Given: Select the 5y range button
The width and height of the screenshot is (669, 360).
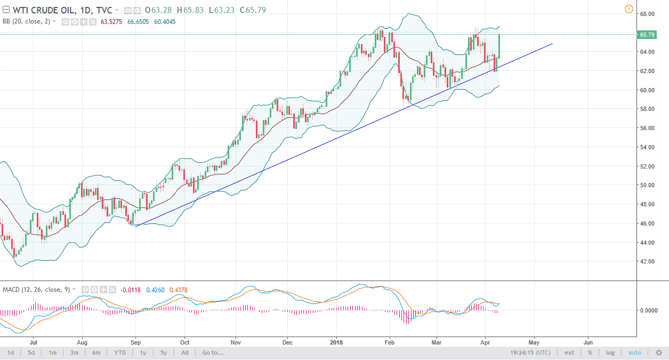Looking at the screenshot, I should (x=164, y=353).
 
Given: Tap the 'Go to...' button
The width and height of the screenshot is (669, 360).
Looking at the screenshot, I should (x=213, y=353).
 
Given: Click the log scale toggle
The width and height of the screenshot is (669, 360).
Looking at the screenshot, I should (x=610, y=353).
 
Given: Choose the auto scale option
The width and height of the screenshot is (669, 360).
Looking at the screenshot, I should (x=634, y=353).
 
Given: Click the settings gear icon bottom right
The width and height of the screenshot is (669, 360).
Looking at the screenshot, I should (x=658, y=353).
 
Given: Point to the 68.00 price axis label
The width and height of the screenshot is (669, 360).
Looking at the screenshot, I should (x=647, y=14).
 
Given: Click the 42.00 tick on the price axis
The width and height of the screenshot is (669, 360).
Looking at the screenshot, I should (x=647, y=261).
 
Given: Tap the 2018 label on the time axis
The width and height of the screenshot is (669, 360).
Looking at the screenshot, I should (x=336, y=342).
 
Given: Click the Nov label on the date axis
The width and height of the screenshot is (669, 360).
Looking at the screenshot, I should (x=236, y=342).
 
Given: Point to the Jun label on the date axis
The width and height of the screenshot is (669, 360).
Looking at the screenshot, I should (x=588, y=342).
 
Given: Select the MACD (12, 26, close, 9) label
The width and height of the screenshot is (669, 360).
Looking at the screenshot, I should (x=36, y=289).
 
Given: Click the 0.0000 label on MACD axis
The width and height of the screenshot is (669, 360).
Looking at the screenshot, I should (x=650, y=310).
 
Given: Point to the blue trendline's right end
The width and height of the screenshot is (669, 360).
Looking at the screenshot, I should (x=552, y=44).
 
